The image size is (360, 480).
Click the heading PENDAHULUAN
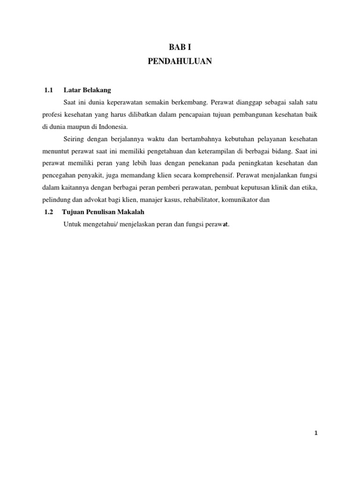(x=180, y=61)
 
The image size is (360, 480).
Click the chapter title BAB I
(x=180, y=47)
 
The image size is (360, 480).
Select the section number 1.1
(x=49, y=90)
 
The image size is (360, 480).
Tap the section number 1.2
(x=49, y=212)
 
